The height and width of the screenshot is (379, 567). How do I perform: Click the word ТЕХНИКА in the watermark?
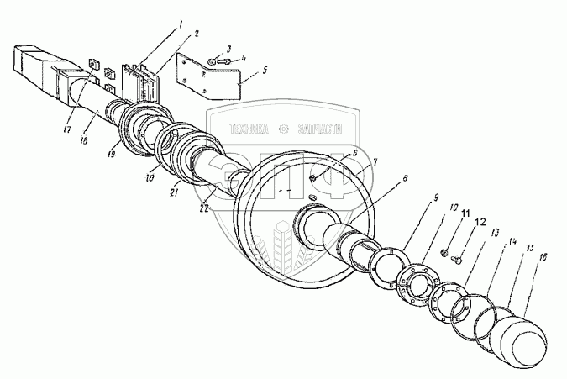pos(254,129)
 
